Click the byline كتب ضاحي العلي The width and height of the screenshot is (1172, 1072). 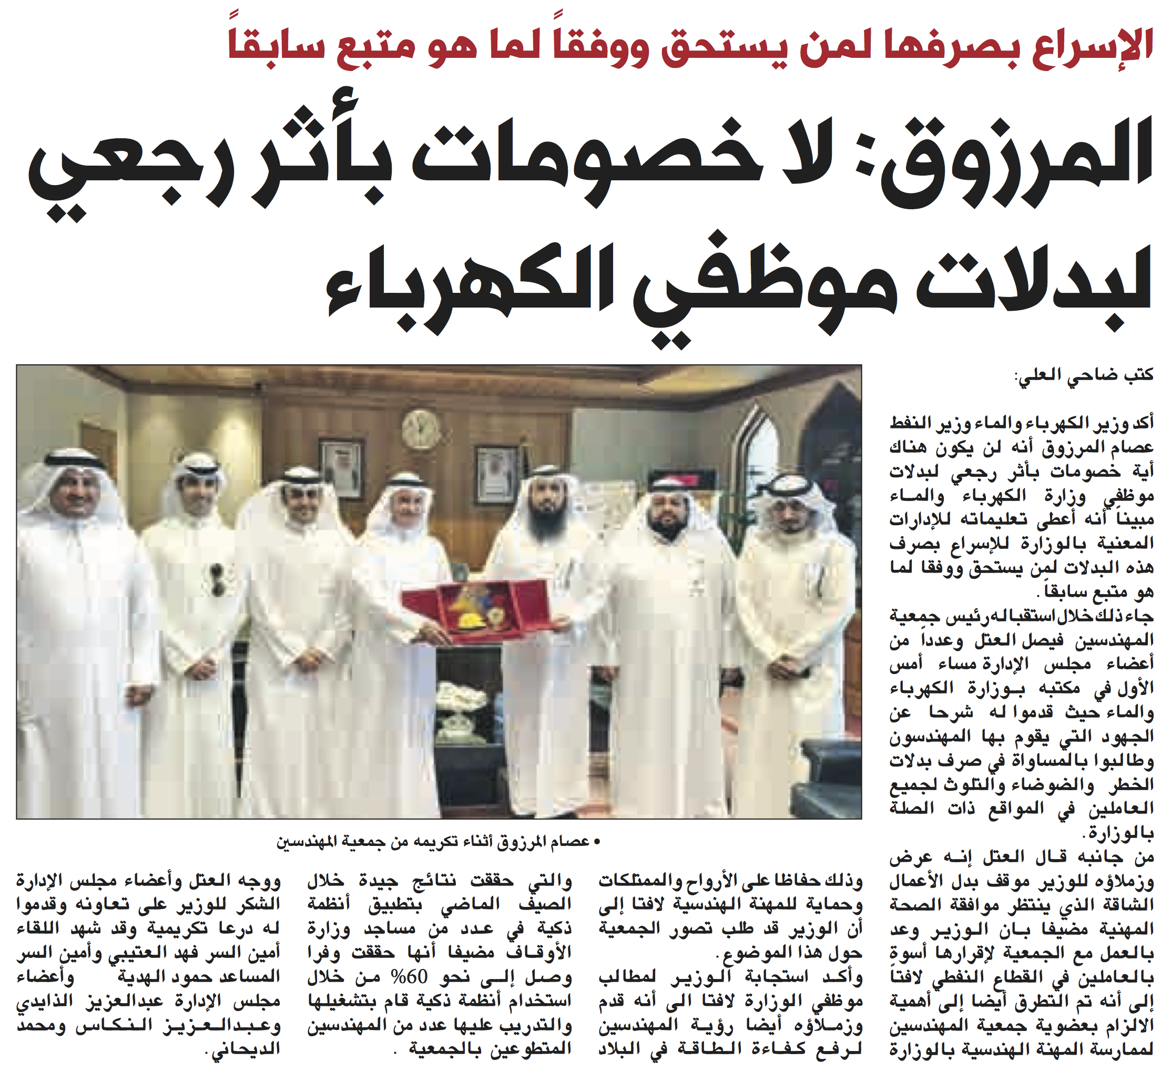[x=1084, y=375]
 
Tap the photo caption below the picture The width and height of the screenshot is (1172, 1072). [x=439, y=841]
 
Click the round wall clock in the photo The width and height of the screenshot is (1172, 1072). [x=421, y=430]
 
